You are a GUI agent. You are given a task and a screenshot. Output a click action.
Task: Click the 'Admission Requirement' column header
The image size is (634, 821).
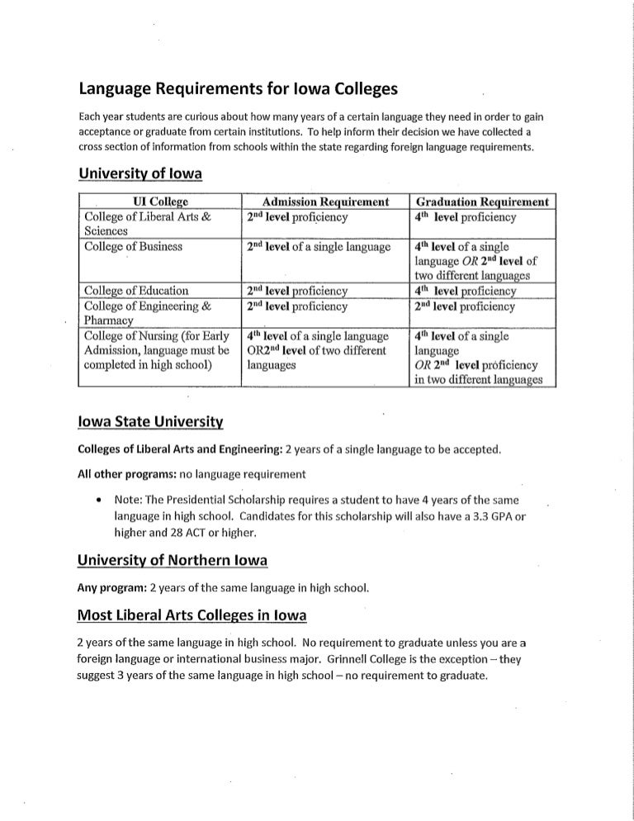pyautogui.click(x=324, y=202)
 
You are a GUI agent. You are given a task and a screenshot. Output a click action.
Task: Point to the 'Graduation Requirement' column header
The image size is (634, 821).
pyautogui.click(x=483, y=202)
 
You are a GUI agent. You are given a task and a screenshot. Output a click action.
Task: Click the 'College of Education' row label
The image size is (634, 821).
pyautogui.click(x=136, y=291)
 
